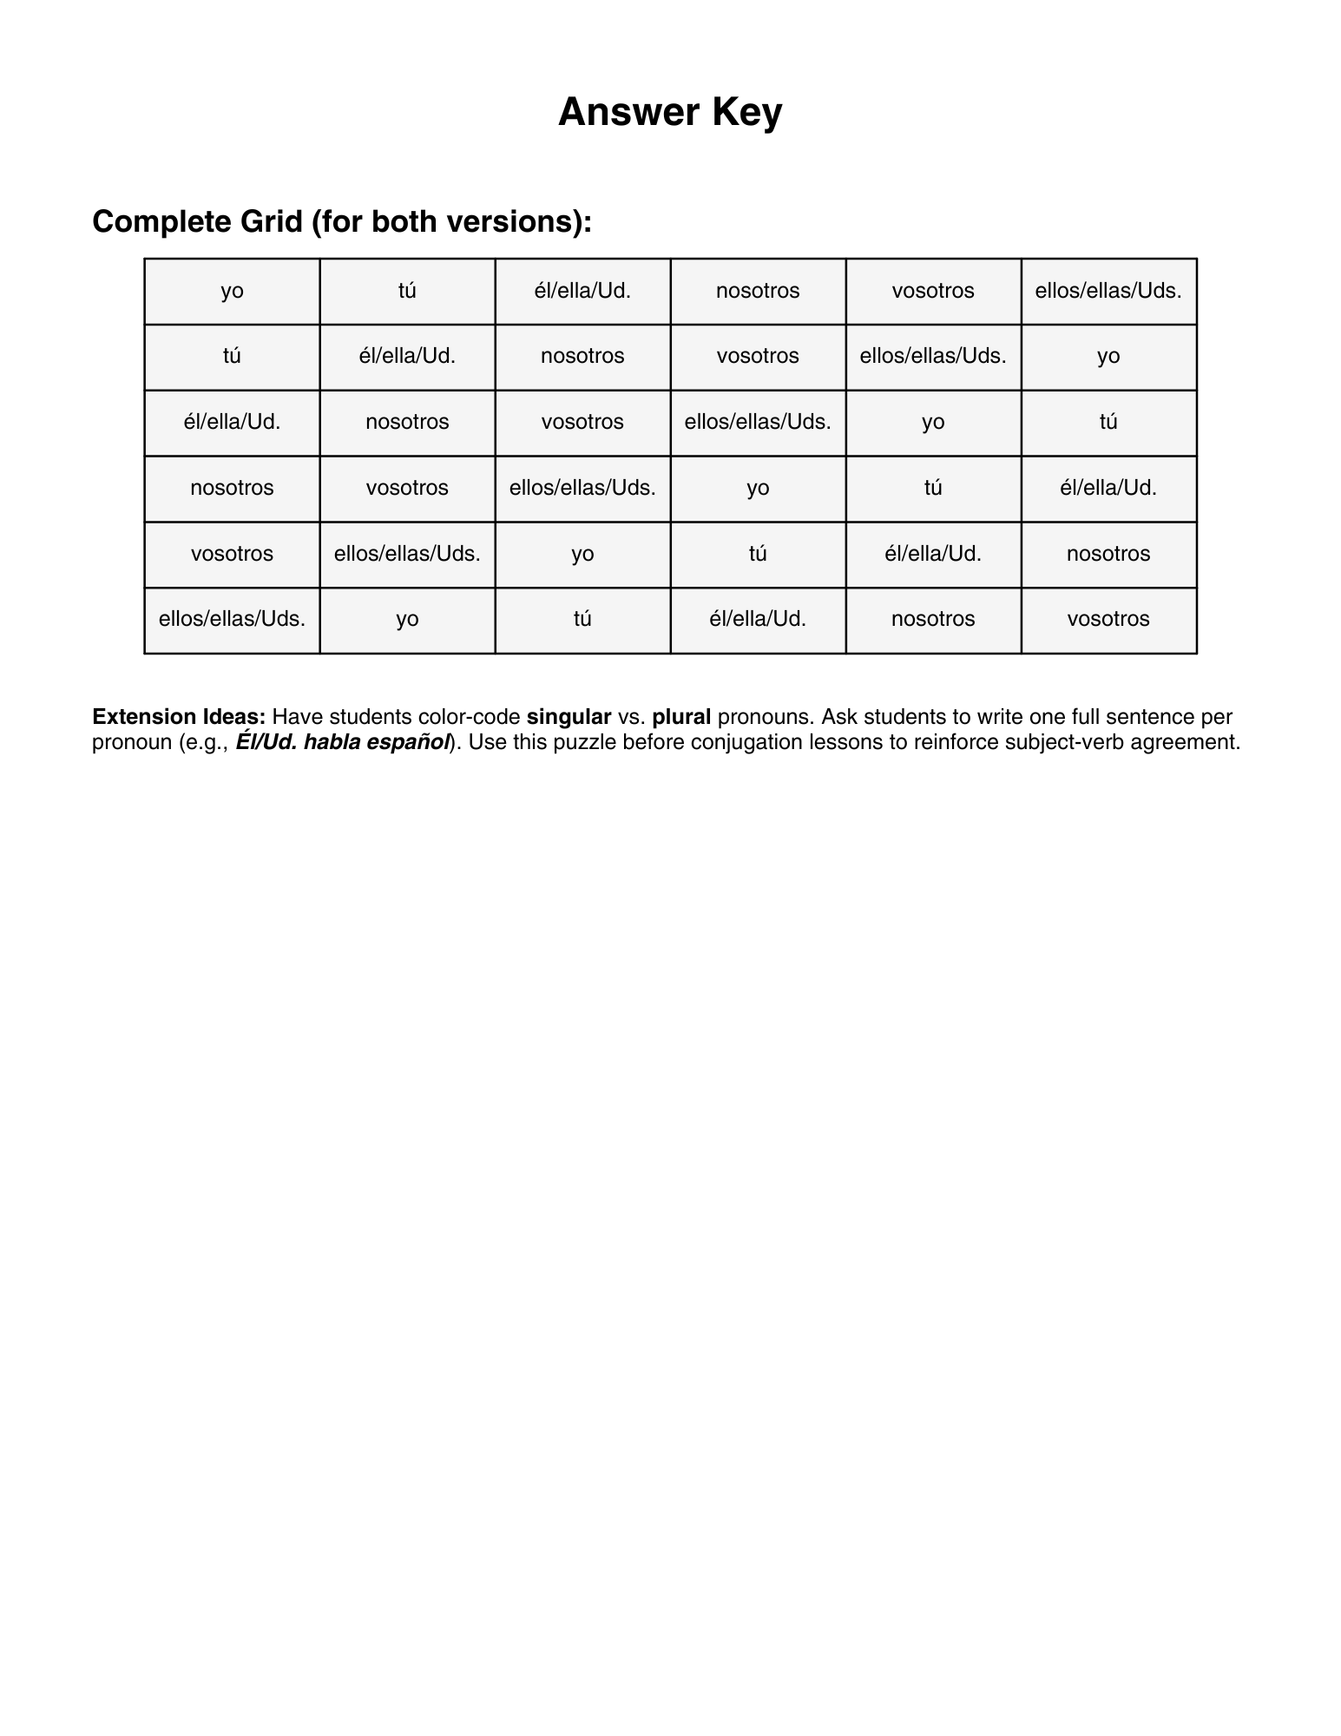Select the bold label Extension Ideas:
click(x=179, y=717)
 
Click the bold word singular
click(x=569, y=717)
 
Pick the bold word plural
click(x=681, y=717)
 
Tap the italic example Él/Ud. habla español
click(x=344, y=742)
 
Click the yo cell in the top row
click(x=232, y=291)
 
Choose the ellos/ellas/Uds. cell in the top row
click(x=1108, y=291)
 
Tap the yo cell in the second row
click(x=1108, y=357)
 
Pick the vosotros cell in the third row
click(x=582, y=423)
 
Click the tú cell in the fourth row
click(x=933, y=488)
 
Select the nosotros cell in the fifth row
click(x=1108, y=554)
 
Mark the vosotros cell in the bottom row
click(x=1108, y=620)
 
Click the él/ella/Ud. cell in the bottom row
click(x=758, y=620)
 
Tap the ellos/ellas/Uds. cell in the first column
click(x=232, y=620)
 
